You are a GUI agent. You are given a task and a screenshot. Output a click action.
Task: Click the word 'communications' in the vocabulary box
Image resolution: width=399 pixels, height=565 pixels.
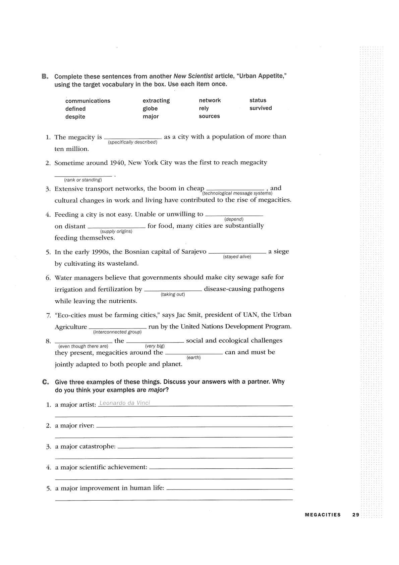point(88,101)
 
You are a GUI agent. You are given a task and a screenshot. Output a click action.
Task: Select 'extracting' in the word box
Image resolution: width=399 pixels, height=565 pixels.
point(156,101)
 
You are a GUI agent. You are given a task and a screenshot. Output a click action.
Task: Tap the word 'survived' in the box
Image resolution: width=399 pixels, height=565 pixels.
point(261,108)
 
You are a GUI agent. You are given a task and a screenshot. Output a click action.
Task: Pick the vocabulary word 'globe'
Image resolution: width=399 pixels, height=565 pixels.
point(150,109)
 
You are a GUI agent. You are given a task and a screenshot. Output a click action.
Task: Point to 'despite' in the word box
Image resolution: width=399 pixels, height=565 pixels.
point(75,117)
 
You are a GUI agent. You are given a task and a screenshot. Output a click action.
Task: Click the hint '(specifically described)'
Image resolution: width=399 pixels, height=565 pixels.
point(132,142)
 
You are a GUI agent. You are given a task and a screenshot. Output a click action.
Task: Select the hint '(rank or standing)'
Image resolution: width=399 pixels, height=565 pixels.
point(83,180)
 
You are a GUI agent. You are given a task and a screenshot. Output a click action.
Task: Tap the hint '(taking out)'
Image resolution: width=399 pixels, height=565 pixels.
point(173,294)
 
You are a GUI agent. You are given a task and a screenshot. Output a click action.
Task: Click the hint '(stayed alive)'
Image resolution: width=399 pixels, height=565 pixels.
point(237,257)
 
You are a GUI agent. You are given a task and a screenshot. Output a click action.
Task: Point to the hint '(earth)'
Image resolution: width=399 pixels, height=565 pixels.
point(193,358)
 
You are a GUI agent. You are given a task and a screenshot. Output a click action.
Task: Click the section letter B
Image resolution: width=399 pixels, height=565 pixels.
point(45,76)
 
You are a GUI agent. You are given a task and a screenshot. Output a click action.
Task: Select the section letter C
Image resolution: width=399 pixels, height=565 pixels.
point(46,382)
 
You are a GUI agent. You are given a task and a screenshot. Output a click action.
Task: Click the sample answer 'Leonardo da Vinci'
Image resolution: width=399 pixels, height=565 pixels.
point(125,403)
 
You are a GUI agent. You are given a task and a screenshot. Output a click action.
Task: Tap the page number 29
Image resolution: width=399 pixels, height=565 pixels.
point(356,515)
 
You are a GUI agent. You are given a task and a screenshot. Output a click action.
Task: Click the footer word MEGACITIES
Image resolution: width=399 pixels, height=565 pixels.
point(323,515)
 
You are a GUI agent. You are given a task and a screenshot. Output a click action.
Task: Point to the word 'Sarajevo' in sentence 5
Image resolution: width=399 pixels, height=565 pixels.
point(193,252)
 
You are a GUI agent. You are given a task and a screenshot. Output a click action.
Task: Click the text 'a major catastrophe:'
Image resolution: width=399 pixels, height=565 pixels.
point(85,447)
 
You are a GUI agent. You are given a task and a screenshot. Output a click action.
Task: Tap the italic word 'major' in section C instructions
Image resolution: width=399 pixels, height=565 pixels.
point(157,390)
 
